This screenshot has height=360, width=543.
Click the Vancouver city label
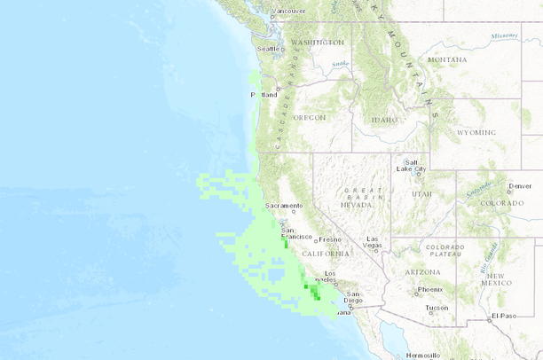pyautogui.click(x=288, y=11)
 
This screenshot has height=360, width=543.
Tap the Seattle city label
pyautogui.click(x=267, y=49)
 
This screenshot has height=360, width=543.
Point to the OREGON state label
pyautogui.click(x=310, y=117)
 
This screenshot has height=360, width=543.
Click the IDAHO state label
pyautogui.click(x=385, y=120)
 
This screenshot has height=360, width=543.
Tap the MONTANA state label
pyautogui.click(x=447, y=59)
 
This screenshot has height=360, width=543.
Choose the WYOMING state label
pyautogui.click(x=476, y=132)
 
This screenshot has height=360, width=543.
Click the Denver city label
pyautogui.click(x=520, y=186)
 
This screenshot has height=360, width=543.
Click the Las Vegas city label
pyautogui.click(x=373, y=242)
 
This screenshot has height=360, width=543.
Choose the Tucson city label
pyautogui.click(x=437, y=309)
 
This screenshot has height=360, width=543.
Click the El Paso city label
pyautogui.click(x=502, y=316)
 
